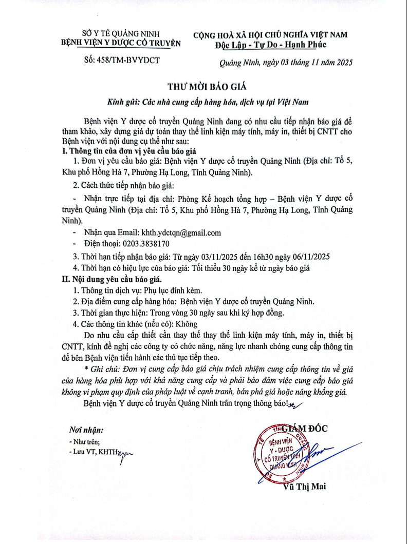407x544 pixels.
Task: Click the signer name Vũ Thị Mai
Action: pos(304,487)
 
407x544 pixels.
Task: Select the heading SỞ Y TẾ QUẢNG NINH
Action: pos(121,34)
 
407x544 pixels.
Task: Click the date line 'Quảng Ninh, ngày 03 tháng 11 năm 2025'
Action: pos(285,63)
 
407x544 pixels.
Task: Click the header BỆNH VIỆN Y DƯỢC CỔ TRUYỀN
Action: pos(121,44)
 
